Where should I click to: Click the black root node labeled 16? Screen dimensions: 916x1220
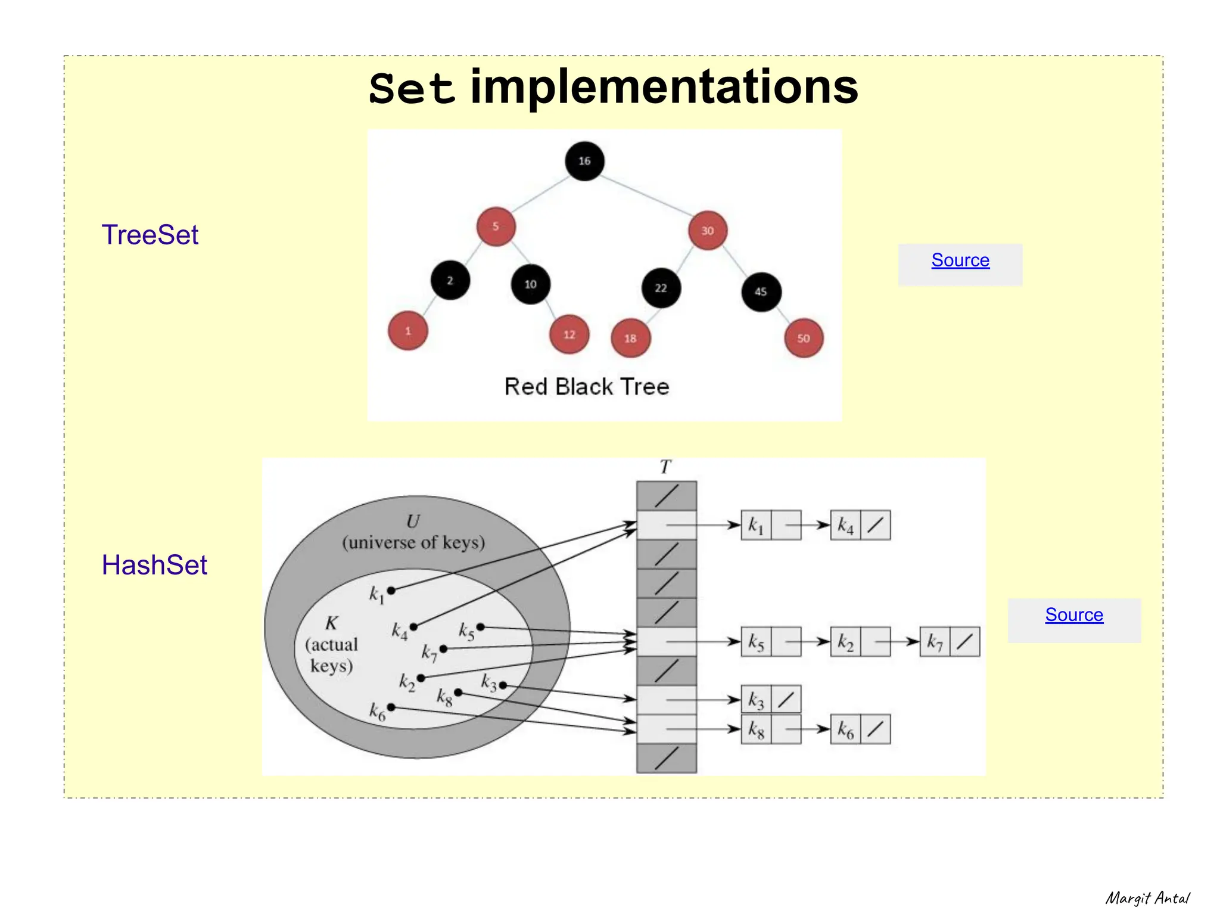click(x=584, y=161)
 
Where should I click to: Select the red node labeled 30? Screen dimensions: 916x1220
click(x=707, y=231)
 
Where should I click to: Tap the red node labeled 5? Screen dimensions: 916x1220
click(x=496, y=226)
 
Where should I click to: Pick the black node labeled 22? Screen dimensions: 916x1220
click(x=661, y=288)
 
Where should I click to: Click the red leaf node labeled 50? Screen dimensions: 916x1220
click(x=804, y=338)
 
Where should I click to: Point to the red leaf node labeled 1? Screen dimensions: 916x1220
click(x=408, y=331)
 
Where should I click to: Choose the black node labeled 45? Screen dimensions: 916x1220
click(x=761, y=291)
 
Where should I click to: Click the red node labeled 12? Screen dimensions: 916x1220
click(x=569, y=334)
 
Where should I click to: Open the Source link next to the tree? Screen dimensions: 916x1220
click(x=960, y=260)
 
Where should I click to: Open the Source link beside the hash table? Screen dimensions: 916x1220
click(x=1074, y=614)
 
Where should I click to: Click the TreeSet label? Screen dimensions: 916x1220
click(x=150, y=235)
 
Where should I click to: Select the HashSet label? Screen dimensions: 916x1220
click(x=154, y=565)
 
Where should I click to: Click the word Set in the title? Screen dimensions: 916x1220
click(x=412, y=89)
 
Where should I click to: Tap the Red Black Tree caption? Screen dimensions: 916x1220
click(x=587, y=387)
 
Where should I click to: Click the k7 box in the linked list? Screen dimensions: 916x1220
click(x=935, y=642)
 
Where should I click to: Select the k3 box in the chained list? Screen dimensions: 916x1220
click(x=756, y=700)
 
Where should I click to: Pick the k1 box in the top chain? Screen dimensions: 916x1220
click(x=756, y=525)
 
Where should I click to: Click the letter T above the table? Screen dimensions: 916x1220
click(x=665, y=467)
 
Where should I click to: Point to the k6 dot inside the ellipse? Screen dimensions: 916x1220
click(x=391, y=707)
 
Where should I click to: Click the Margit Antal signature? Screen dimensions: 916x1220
click(x=1147, y=898)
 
